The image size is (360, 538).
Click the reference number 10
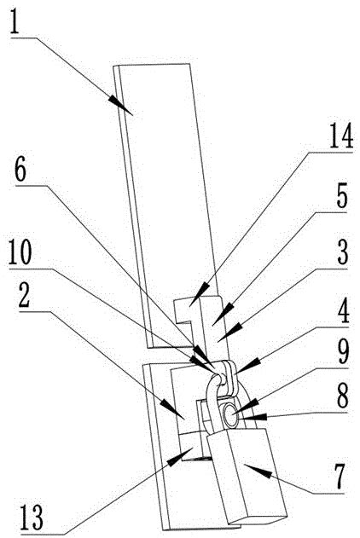(20, 253)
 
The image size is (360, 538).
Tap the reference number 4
(342, 312)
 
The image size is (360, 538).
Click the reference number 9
(342, 352)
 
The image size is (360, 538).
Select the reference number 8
(342, 395)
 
